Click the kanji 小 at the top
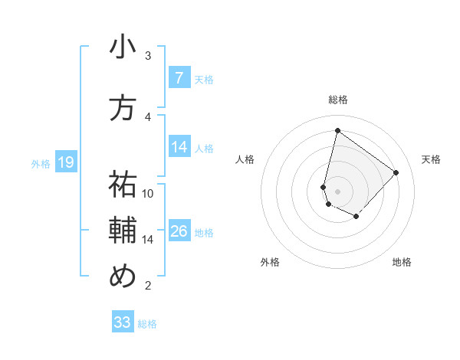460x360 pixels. click(x=123, y=47)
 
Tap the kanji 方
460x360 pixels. click(x=123, y=108)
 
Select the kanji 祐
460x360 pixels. click(x=123, y=185)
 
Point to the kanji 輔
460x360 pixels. click(x=123, y=231)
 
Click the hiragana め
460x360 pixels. click(x=123, y=277)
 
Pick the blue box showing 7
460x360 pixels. click(x=179, y=78)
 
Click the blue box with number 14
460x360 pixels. click(x=179, y=147)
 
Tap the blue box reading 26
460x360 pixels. click(x=179, y=231)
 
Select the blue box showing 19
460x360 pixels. click(x=65, y=162)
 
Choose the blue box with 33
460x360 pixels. click(x=123, y=322)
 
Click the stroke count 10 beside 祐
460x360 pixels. click(x=148, y=193)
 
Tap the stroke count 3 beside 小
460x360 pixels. click(x=148, y=56)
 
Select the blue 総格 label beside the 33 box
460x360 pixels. click(x=147, y=324)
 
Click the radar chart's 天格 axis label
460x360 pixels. click(x=431, y=159)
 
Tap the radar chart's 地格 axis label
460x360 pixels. click(x=402, y=262)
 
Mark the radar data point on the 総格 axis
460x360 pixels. click(x=337, y=131)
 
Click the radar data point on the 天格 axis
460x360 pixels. click(x=396, y=172)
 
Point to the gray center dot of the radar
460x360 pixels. click(x=337, y=191)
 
